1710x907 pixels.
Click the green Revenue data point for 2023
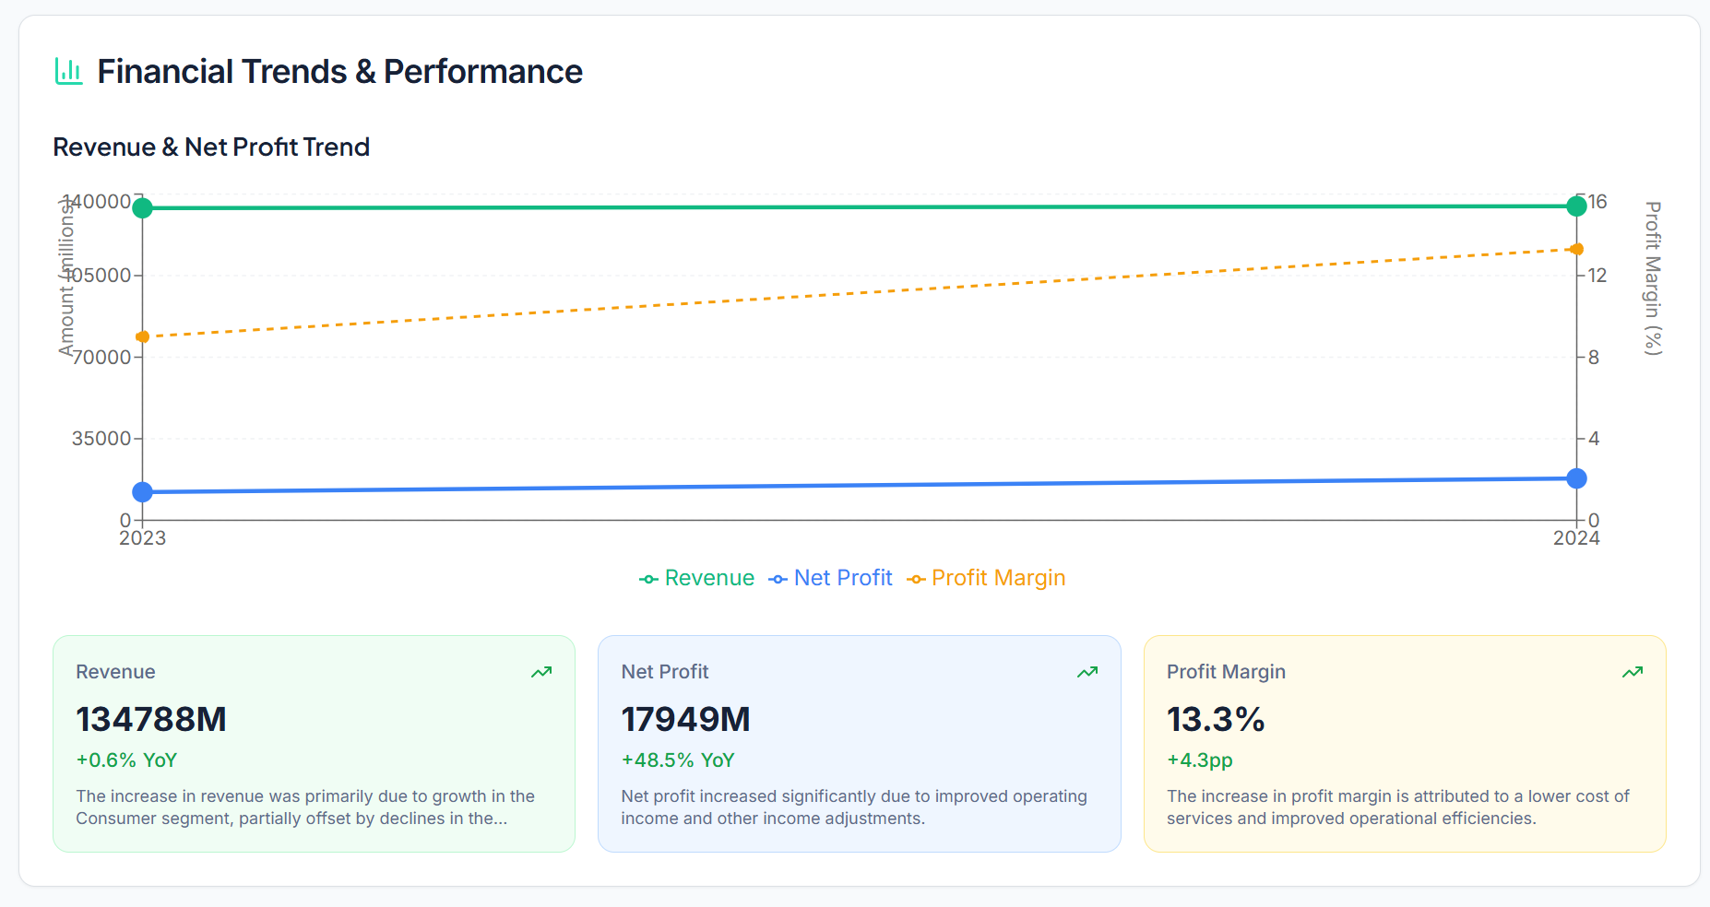coord(142,208)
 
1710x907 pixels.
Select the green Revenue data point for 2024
coord(1576,206)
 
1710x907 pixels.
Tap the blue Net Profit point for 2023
coord(142,492)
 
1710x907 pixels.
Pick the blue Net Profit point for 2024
coord(1576,478)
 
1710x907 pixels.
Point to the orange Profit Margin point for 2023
coord(142,337)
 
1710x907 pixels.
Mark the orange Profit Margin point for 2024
coord(1576,249)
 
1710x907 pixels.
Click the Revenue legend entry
coord(697,578)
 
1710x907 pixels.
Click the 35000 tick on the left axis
coord(101,439)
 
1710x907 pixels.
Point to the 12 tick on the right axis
coord(1597,276)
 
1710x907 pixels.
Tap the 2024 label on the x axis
coord(1576,538)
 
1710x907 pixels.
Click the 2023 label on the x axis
coord(142,538)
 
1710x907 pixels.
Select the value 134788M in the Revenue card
coord(151,719)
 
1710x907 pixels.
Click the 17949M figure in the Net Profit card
coord(685,719)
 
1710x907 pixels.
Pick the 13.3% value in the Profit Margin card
coord(1216,719)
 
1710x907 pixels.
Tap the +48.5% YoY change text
coord(678,760)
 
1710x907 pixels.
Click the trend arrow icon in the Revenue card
coord(541,672)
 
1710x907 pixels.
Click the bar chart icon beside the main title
coord(68,71)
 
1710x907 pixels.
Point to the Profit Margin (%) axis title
coord(1653,277)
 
